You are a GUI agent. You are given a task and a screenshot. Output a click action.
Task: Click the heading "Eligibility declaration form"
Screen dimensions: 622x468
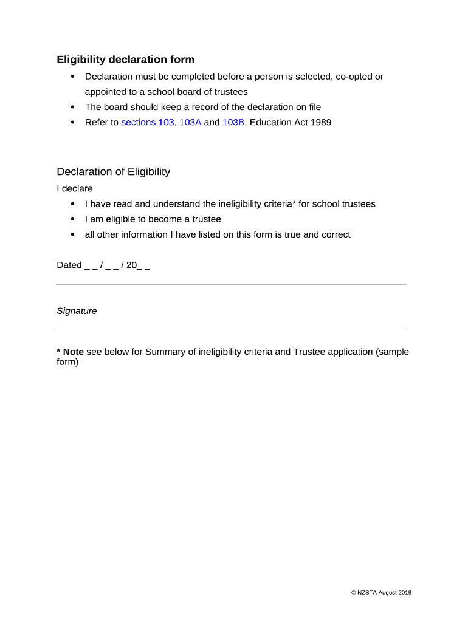(x=126, y=60)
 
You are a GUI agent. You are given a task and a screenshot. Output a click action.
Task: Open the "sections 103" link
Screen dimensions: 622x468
(x=147, y=122)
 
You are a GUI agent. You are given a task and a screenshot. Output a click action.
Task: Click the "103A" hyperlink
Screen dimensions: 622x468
(x=190, y=122)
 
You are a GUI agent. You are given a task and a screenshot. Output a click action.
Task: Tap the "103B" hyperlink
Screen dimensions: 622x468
(x=233, y=122)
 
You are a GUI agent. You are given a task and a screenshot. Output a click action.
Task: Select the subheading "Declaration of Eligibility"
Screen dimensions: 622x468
(x=113, y=171)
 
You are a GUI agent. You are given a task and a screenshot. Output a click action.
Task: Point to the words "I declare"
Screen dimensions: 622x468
(x=75, y=188)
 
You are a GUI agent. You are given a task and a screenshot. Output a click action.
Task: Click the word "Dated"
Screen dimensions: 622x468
(x=69, y=265)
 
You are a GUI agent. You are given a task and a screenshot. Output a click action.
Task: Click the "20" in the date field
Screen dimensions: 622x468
(x=131, y=265)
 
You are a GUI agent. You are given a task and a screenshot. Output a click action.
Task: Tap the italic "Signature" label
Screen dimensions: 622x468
(x=77, y=311)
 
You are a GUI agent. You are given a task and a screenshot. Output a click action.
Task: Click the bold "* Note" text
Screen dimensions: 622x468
(x=70, y=352)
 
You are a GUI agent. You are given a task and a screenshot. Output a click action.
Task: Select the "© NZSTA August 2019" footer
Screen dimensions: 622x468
(x=381, y=593)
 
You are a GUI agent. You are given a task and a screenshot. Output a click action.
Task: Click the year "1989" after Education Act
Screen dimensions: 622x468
(x=320, y=122)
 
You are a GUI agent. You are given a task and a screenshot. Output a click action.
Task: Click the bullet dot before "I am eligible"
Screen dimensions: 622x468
(x=73, y=219)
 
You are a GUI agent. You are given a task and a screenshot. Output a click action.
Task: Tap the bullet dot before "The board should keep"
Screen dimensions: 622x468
(x=73, y=107)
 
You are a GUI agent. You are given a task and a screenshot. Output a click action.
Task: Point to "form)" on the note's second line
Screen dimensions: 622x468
(x=67, y=362)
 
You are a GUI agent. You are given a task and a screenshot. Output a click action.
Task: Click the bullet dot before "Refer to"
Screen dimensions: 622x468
(x=73, y=122)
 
